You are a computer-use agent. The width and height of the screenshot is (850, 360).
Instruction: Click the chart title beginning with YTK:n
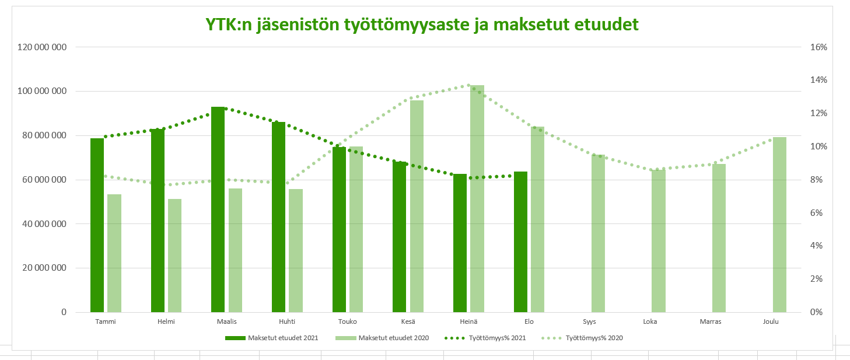click(x=422, y=25)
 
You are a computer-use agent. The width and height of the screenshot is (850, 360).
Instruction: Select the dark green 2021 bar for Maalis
click(x=218, y=210)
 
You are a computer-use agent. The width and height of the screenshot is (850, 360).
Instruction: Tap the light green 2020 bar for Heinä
click(x=477, y=198)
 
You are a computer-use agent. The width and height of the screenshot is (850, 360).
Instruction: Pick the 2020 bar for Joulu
click(x=779, y=225)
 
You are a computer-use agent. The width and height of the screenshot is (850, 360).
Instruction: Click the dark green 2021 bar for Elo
click(x=520, y=242)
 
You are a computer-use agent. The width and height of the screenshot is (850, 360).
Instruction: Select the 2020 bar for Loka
click(x=659, y=241)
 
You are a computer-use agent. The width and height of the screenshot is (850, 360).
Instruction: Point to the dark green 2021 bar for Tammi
click(x=97, y=225)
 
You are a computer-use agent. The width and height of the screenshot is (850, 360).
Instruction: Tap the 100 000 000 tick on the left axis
click(x=39, y=92)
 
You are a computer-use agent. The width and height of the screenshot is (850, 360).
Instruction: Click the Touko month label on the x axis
click(x=347, y=321)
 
